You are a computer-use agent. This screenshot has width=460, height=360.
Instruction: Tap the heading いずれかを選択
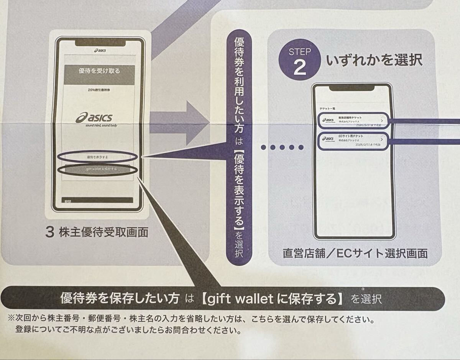pos(374,60)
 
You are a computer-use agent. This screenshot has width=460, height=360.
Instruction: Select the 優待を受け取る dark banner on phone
pos(99,71)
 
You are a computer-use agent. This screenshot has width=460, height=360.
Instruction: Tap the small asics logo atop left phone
pos(100,50)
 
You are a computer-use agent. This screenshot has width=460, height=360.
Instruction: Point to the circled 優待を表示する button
pos(97,157)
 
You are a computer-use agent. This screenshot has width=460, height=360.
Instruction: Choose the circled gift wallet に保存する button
pos(97,169)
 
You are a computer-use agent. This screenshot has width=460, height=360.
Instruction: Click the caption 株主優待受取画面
pos(103,232)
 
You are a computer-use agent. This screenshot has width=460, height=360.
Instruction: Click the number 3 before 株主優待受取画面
pos(49,232)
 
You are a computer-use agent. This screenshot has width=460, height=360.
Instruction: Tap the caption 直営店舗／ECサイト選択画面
pos(355,253)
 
